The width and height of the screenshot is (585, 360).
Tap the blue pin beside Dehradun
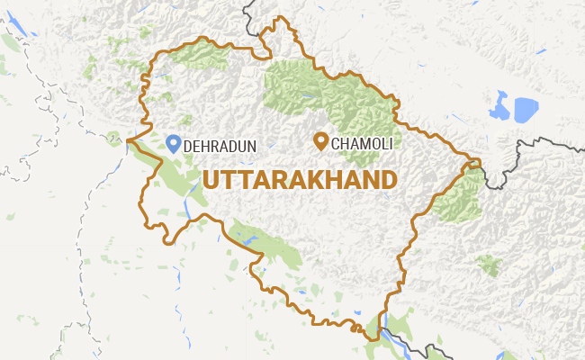173,142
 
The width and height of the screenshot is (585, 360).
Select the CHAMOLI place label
363,143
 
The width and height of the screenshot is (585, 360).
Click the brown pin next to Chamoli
319,140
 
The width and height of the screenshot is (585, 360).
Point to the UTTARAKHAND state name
300,179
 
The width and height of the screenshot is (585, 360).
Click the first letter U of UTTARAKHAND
211,179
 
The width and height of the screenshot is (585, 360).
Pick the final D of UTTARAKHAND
388,179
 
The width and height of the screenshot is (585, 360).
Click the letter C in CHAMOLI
337,143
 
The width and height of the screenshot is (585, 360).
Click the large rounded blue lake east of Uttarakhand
524,109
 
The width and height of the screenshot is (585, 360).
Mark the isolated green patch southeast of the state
489,265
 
